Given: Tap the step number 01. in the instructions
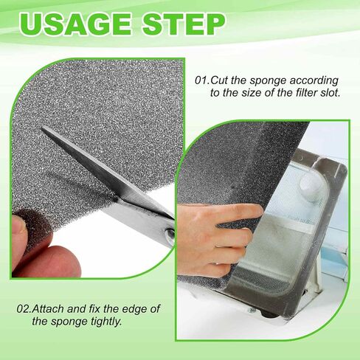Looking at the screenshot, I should pyautogui.click(x=204, y=79).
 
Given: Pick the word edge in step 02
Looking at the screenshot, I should pyautogui.click(x=134, y=308).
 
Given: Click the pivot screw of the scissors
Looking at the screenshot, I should pyautogui.click(x=169, y=234).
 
